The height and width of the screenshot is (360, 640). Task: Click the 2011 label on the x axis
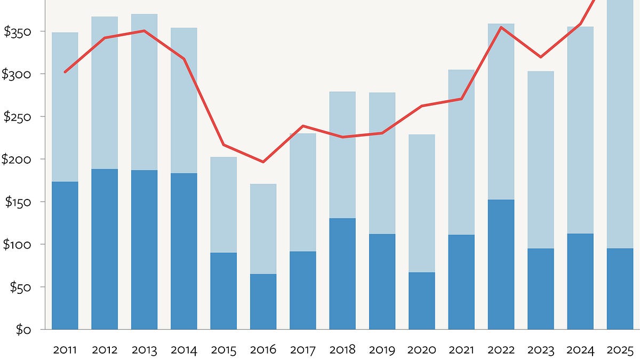(x=65, y=350)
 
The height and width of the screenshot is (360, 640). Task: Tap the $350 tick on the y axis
(x=18, y=32)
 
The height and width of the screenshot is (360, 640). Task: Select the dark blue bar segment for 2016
(x=263, y=301)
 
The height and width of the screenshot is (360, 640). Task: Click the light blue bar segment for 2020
(x=421, y=203)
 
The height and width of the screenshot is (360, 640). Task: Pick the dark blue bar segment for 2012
(x=105, y=249)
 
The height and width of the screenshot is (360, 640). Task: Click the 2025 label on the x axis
(x=620, y=350)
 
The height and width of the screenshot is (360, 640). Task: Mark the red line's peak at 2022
(x=501, y=27)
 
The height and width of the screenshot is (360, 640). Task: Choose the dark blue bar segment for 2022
(x=501, y=265)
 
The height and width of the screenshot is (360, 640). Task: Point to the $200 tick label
(x=18, y=159)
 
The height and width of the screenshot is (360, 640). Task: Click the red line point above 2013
(x=144, y=31)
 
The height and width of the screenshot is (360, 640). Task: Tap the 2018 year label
(x=342, y=350)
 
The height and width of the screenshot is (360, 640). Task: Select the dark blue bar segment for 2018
(x=342, y=274)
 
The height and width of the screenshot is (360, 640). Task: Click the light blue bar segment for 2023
(x=540, y=160)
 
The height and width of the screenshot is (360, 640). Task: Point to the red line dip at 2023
(x=540, y=57)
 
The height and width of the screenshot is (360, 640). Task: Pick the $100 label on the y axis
(x=18, y=245)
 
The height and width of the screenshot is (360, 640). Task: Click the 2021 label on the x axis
(x=461, y=350)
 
